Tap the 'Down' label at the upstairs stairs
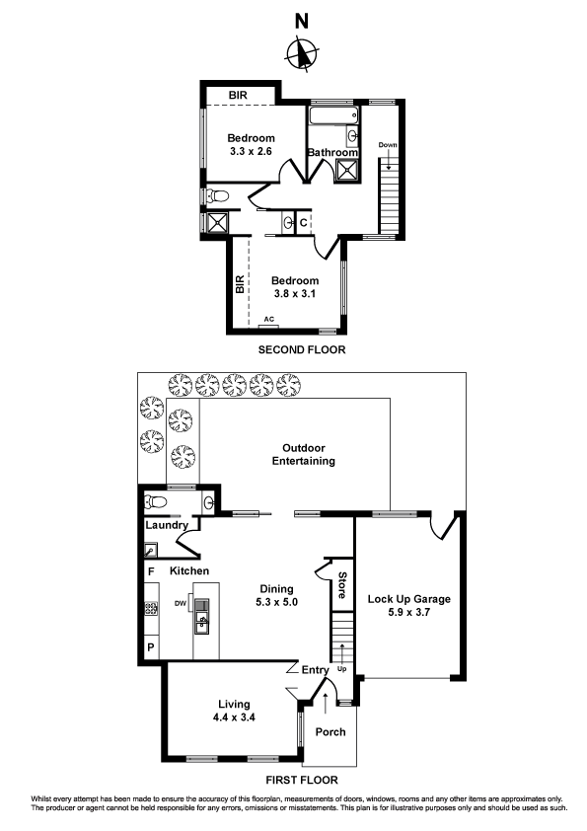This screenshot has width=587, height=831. coord(388,146)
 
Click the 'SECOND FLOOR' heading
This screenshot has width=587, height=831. coord(302,350)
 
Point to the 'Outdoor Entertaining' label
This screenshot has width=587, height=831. coord(304,454)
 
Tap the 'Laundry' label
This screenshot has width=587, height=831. coord(167,526)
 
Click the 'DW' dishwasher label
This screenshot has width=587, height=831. coord(181,604)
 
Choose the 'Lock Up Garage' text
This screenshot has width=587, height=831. coord(408,599)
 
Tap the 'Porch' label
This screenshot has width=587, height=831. coord(330,732)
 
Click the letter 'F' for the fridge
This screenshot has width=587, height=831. coord(151,571)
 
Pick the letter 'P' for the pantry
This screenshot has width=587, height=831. coord(151,647)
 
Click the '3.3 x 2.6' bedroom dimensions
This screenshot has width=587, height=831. coord(251,152)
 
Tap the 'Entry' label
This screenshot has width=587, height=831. coord(316,671)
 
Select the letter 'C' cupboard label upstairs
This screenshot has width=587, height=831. coord(303,222)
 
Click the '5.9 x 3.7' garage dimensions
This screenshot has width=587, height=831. coord(408,613)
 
